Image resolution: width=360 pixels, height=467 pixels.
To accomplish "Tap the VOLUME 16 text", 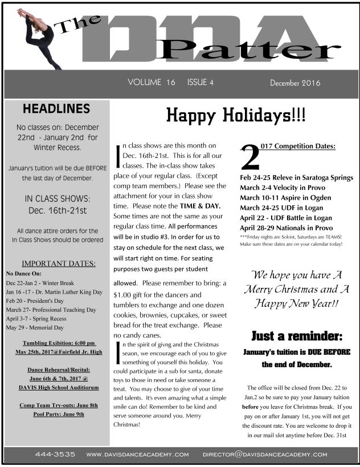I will pyautogui.click(x=152, y=83).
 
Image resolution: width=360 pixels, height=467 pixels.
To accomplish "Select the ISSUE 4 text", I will pyautogui.click(x=200, y=83).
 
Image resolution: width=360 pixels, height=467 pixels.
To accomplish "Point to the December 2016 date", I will pyautogui.click(x=295, y=83).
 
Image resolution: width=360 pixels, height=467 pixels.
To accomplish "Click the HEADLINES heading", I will pyautogui.click(x=56, y=109).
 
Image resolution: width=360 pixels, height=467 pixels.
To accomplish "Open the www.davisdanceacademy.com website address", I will pyautogui.click(x=137, y=454).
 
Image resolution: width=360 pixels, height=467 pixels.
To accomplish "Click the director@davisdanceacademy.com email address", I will pyautogui.click(x=265, y=454).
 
